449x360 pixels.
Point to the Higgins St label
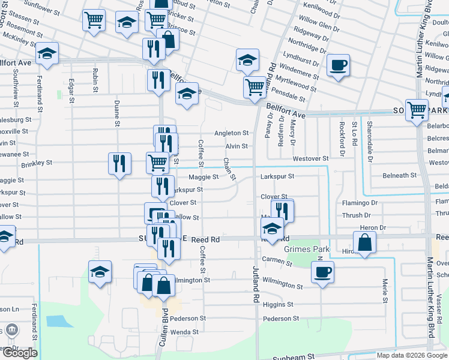coord(277,305)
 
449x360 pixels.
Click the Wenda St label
coord(184,332)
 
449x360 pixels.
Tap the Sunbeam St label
coord(294,356)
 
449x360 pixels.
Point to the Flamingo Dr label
coord(360,203)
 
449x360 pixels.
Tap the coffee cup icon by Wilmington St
coord(322,272)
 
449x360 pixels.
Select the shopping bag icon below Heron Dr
coord(364,242)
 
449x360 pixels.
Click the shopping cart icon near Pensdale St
coord(255,87)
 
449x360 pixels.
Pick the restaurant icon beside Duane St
coord(119,163)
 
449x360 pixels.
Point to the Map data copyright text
coord(411,355)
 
